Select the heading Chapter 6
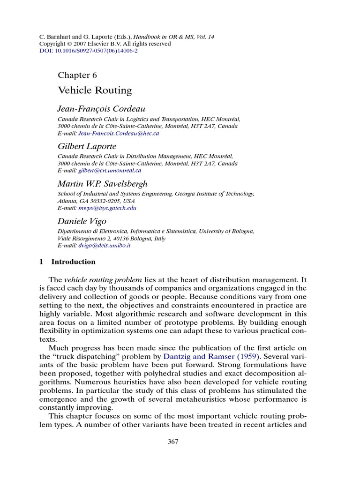(77, 75)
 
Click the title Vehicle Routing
(95, 90)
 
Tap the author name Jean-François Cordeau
(98, 109)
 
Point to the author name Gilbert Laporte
(87, 146)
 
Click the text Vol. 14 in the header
(205, 37)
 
